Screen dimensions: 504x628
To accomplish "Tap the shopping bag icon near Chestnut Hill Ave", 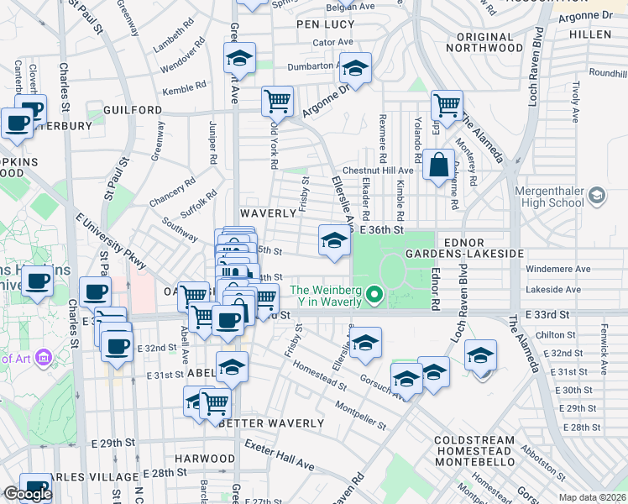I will click(x=438, y=165).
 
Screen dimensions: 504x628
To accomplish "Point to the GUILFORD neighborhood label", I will click(x=133, y=110).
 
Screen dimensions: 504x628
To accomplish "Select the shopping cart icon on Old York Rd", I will click(x=277, y=101).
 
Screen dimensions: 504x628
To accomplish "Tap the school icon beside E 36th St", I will click(x=334, y=241).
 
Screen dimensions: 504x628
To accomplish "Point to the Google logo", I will click(x=28, y=494).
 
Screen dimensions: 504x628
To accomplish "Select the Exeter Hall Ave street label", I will click(x=280, y=454).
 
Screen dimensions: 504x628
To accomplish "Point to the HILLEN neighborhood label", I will click(x=589, y=34).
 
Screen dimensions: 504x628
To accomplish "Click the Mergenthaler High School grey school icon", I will click(x=596, y=196).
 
